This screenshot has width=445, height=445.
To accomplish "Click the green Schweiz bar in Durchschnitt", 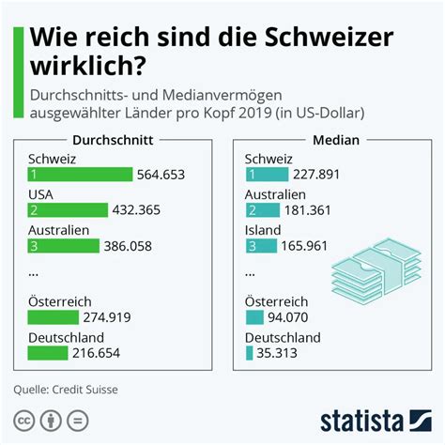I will tap(81, 175).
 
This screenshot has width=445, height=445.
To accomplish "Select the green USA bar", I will tap(66, 210).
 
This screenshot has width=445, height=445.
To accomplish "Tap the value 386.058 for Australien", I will tap(131, 246).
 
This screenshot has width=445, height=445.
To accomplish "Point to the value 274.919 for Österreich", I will tap(115, 317).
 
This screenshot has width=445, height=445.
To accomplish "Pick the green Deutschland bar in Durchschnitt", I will tap(48, 353).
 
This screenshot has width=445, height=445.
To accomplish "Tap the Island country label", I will tap(263, 229).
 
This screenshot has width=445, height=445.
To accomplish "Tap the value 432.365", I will tap(139, 210).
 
